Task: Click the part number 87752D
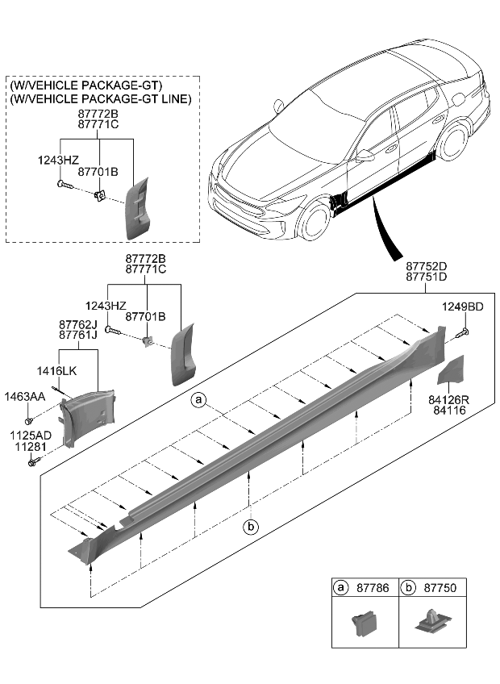click(427, 265)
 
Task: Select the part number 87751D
click(427, 277)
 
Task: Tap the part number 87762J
click(77, 323)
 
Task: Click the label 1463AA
click(27, 398)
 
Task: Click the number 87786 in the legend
click(372, 589)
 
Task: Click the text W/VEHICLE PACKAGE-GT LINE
click(101, 98)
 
